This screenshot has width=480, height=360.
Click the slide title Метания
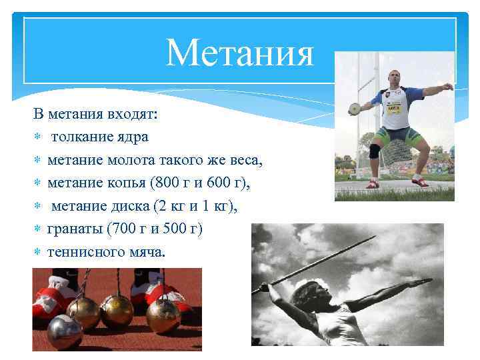tap(239, 53)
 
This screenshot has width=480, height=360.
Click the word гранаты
tap(71, 229)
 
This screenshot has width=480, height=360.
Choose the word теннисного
tap(85, 252)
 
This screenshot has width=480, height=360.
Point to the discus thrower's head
tap(395, 76)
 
